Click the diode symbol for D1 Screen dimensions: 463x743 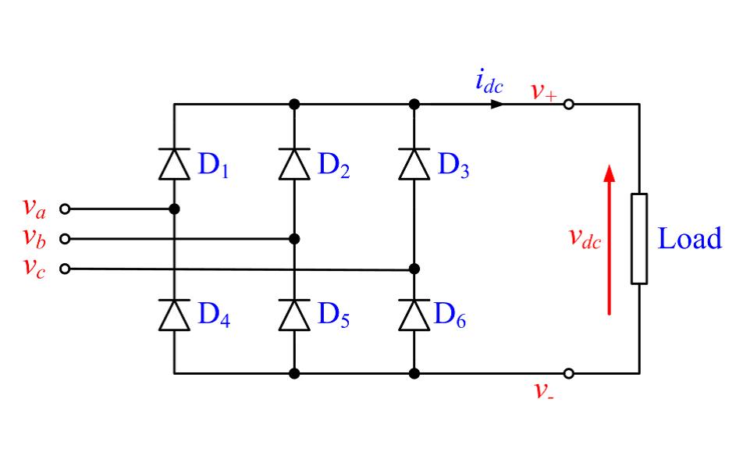tap(174, 163)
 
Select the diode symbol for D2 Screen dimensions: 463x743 tap(294, 163)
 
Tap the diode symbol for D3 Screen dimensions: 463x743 tap(414, 163)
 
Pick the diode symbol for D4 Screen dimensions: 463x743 tap(174, 315)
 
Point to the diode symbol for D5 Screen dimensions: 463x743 tap(294, 315)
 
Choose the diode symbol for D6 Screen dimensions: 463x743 tap(414, 315)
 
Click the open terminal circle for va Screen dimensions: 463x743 tap(65, 209)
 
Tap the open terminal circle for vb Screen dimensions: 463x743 tap(65, 239)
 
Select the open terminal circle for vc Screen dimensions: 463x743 tap(65, 269)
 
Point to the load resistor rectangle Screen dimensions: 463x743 tap(639, 238)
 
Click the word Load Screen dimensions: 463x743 tap(690, 239)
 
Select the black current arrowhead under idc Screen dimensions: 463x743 tap(496, 104)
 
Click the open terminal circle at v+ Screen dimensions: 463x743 tap(569, 104)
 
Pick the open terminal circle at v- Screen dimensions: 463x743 tap(569, 374)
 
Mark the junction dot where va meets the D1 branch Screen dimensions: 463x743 tap(174, 209)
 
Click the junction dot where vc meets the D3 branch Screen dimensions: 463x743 tap(414, 269)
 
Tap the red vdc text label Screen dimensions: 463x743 tap(585, 239)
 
